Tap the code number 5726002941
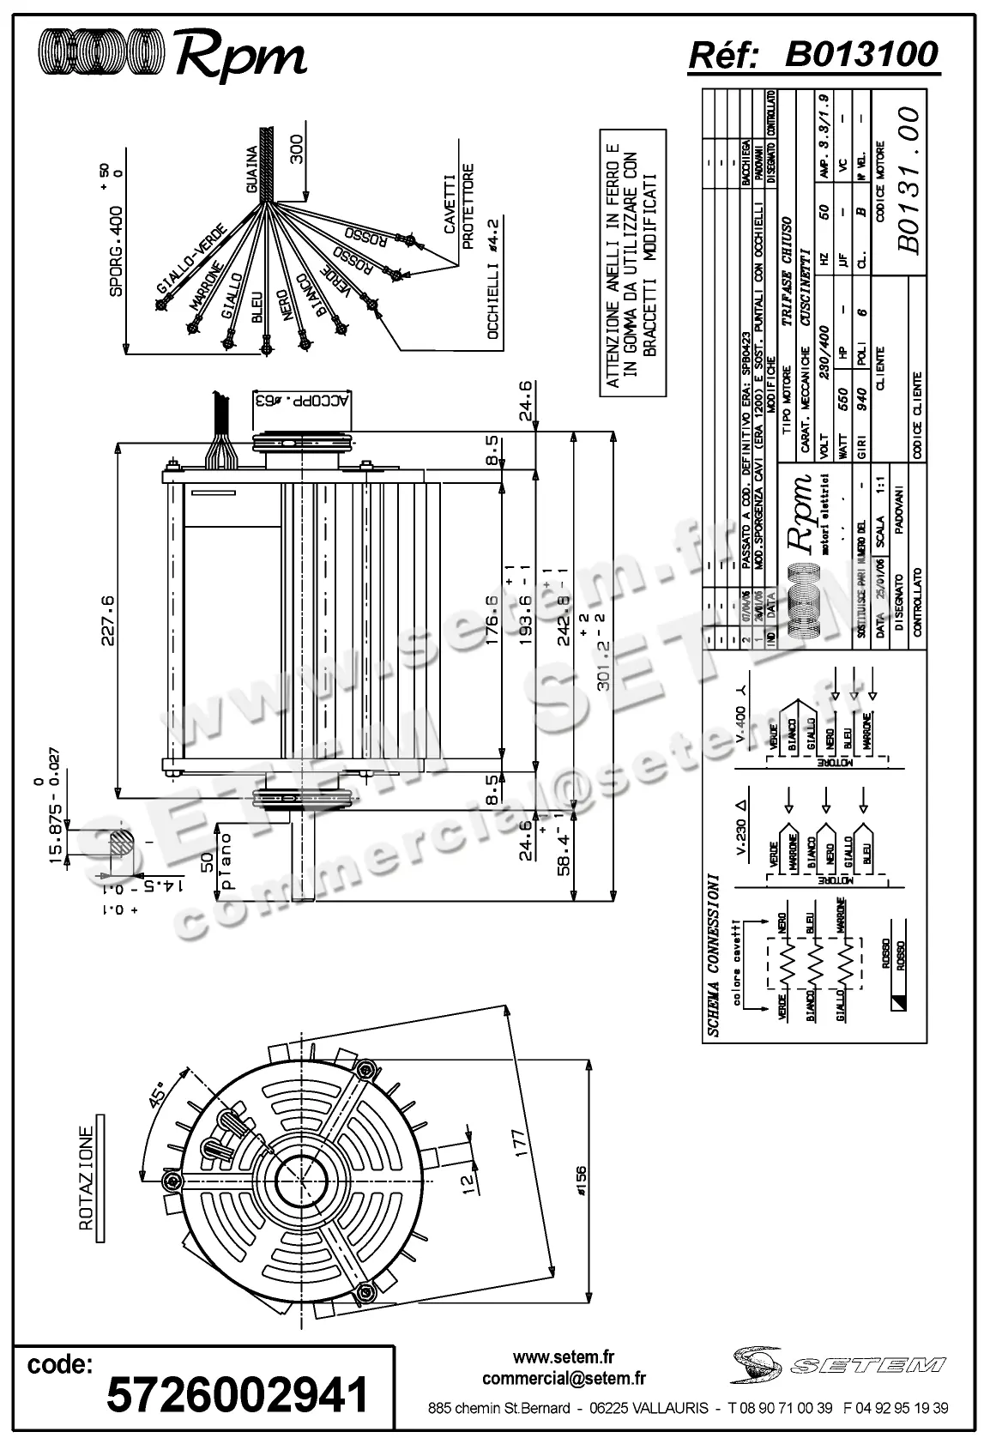238,1395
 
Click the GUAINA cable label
252,169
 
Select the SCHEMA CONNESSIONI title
713,955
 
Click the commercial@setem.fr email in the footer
564,1379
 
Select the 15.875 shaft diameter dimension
57,833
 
